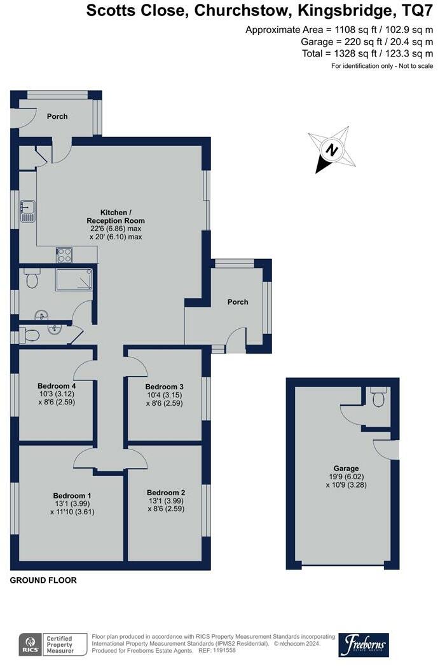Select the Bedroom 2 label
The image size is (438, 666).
[166, 492]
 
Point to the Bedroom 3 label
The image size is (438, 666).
[165, 387]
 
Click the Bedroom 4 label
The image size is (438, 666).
[57, 385]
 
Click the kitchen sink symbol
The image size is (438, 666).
[27, 211]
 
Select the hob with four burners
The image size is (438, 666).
[65, 255]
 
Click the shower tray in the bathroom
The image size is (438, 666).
[74, 279]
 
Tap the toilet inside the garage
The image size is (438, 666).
[379, 398]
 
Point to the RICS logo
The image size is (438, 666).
[29, 644]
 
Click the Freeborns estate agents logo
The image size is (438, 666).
[363, 644]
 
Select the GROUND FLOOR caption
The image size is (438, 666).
[43, 580]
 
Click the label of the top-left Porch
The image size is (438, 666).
[57, 116]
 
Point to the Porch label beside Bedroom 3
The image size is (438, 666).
[238, 302]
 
